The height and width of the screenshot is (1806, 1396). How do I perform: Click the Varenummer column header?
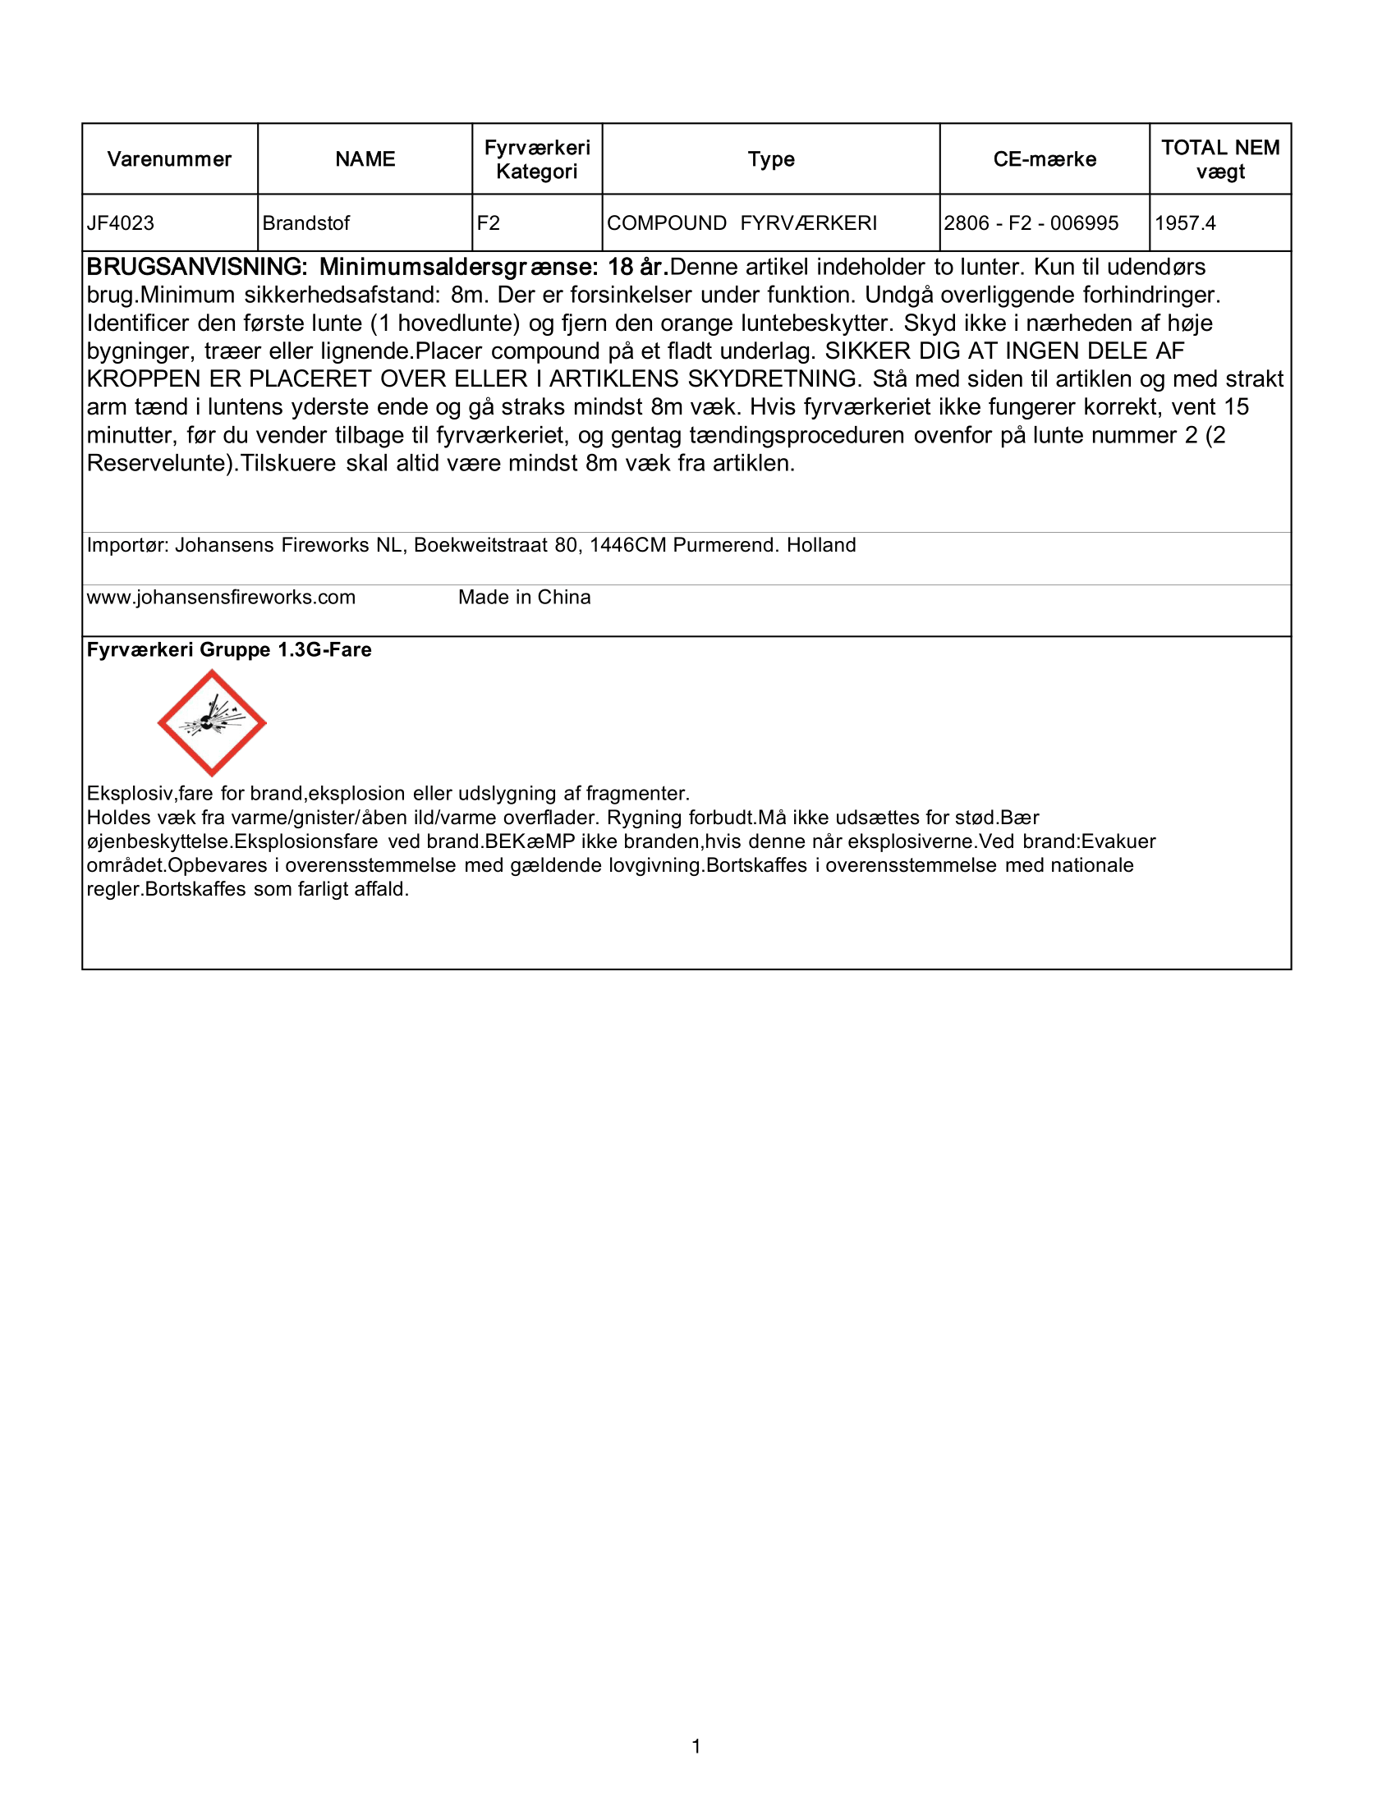(x=169, y=158)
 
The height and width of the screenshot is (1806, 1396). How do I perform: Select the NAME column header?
(x=365, y=158)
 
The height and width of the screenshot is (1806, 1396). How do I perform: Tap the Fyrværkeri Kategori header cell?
(x=537, y=158)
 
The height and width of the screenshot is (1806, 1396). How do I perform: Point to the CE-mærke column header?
(x=1045, y=158)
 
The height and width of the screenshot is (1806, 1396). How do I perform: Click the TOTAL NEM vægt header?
(x=1219, y=158)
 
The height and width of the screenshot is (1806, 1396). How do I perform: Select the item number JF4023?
(x=121, y=223)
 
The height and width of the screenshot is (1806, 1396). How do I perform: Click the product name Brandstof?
(x=306, y=223)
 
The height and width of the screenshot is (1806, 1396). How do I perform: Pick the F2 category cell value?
(x=488, y=223)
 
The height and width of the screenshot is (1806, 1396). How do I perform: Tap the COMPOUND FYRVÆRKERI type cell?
(x=742, y=223)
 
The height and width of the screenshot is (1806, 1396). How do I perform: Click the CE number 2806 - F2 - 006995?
(x=1031, y=223)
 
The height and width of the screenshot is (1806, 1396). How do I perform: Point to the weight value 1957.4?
(x=1184, y=223)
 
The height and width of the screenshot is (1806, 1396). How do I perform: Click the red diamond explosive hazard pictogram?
(x=212, y=722)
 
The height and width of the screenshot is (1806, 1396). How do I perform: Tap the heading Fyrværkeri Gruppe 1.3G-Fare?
(x=229, y=650)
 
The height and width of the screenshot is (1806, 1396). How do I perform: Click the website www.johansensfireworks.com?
(x=221, y=597)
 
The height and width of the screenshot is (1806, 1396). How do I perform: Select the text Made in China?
(x=525, y=597)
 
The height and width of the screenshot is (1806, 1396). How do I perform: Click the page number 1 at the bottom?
(x=696, y=1746)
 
